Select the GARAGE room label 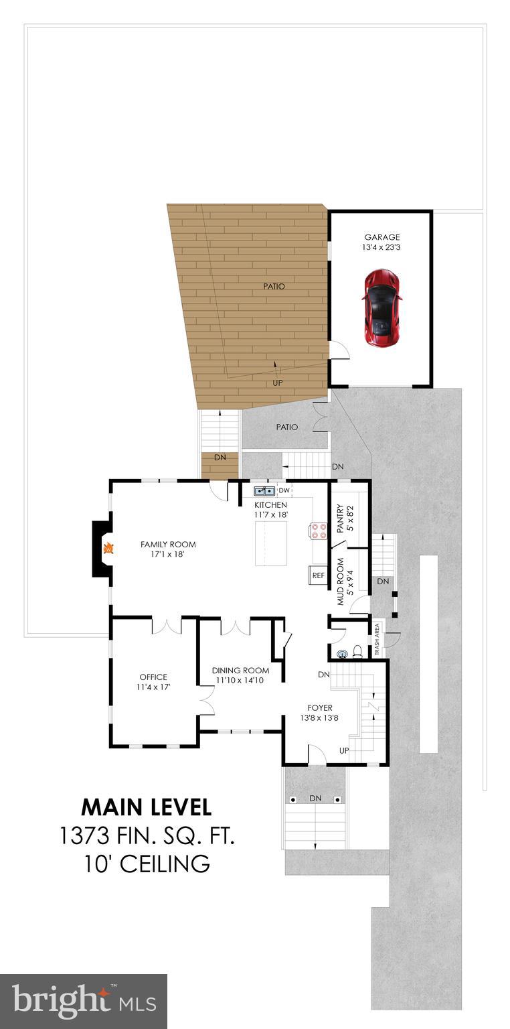click(x=381, y=237)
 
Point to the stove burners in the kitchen click(x=319, y=531)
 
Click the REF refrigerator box click(x=318, y=575)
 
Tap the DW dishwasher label click(x=284, y=490)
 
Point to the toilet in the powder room click(x=357, y=651)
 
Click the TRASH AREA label click(x=377, y=639)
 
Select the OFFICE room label click(x=153, y=677)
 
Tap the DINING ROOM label click(x=240, y=671)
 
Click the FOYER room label click(x=320, y=707)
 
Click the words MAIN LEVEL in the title click(x=147, y=807)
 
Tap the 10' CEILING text click(x=147, y=864)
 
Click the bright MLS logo click(x=84, y=1001)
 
